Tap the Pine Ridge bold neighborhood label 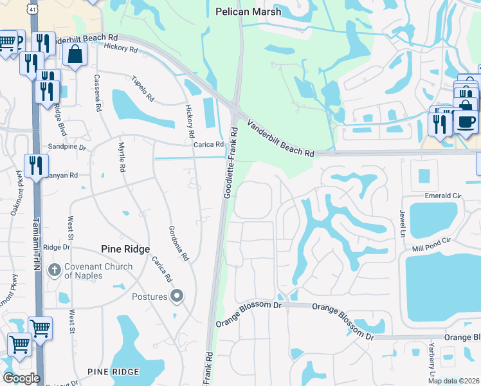(x=125, y=249)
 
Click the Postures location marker (x=177, y=297)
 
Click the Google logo (x=21, y=378)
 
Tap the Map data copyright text (x=453, y=381)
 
